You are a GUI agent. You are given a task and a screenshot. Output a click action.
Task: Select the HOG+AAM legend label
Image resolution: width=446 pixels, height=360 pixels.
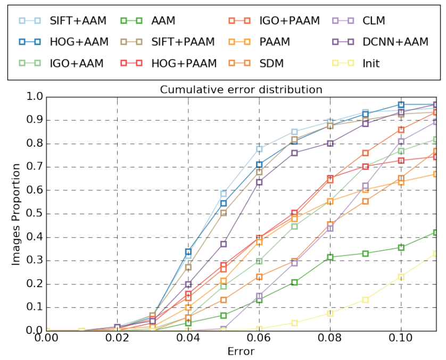[78, 42]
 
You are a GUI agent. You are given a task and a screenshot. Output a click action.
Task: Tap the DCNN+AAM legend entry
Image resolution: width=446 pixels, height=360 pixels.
[395, 42]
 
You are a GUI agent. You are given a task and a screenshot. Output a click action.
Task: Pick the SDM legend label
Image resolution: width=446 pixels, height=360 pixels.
[272, 63]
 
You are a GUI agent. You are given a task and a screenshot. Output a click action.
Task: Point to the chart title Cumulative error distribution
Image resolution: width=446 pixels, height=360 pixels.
[241, 89]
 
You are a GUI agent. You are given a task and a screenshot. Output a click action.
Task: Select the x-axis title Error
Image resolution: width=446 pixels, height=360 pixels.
[241, 351]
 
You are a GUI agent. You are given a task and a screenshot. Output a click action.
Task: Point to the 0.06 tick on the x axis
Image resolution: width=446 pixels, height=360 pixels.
[259, 339]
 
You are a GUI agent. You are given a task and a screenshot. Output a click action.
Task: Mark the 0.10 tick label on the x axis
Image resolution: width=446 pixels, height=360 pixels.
[401, 339]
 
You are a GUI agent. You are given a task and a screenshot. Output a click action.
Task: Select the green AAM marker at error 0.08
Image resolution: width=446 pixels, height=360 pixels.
[330, 257]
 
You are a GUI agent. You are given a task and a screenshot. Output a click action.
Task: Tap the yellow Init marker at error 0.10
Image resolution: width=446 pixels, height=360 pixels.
[401, 277]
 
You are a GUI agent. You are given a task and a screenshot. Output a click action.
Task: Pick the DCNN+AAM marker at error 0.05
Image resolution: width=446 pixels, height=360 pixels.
[224, 244]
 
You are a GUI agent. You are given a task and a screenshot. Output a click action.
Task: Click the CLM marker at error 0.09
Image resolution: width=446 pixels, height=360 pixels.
[366, 186]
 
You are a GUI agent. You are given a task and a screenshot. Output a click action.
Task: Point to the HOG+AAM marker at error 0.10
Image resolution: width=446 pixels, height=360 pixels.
[401, 105]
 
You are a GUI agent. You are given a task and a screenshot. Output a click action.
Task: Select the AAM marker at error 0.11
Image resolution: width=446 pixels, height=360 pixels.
[436, 232]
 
